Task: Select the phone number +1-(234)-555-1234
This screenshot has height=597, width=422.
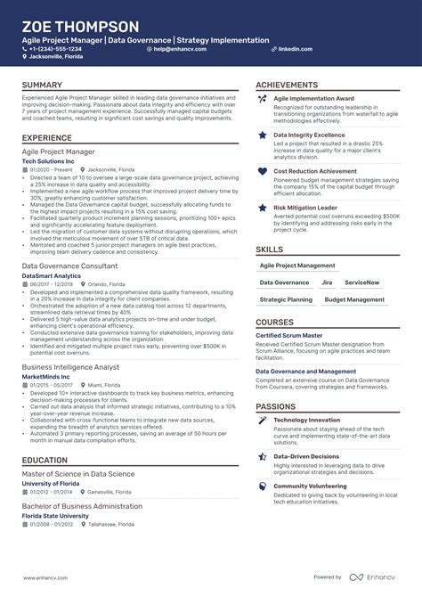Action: click(x=61, y=49)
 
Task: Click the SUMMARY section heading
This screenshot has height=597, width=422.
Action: click(x=43, y=86)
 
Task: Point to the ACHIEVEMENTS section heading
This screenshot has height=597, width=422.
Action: click(x=288, y=86)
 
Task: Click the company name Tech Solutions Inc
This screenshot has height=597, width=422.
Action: click(x=52, y=160)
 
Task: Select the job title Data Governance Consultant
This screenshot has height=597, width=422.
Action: click(x=69, y=266)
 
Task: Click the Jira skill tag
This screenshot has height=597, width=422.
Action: click(x=327, y=282)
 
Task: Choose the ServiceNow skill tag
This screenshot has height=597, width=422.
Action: click(x=362, y=282)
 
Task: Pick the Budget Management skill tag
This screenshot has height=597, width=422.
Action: click(x=354, y=300)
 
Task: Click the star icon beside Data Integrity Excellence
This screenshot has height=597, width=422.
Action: click(x=263, y=135)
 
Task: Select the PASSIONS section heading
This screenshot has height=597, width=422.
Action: click(x=276, y=406)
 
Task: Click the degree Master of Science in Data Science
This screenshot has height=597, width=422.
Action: click(x=78, y=474)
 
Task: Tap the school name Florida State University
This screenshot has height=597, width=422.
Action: click(x=55, y=516)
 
